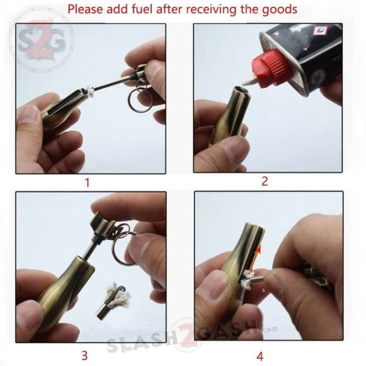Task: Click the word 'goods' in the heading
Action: [x=280, y=9]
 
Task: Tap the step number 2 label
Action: [x=264, y=181]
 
